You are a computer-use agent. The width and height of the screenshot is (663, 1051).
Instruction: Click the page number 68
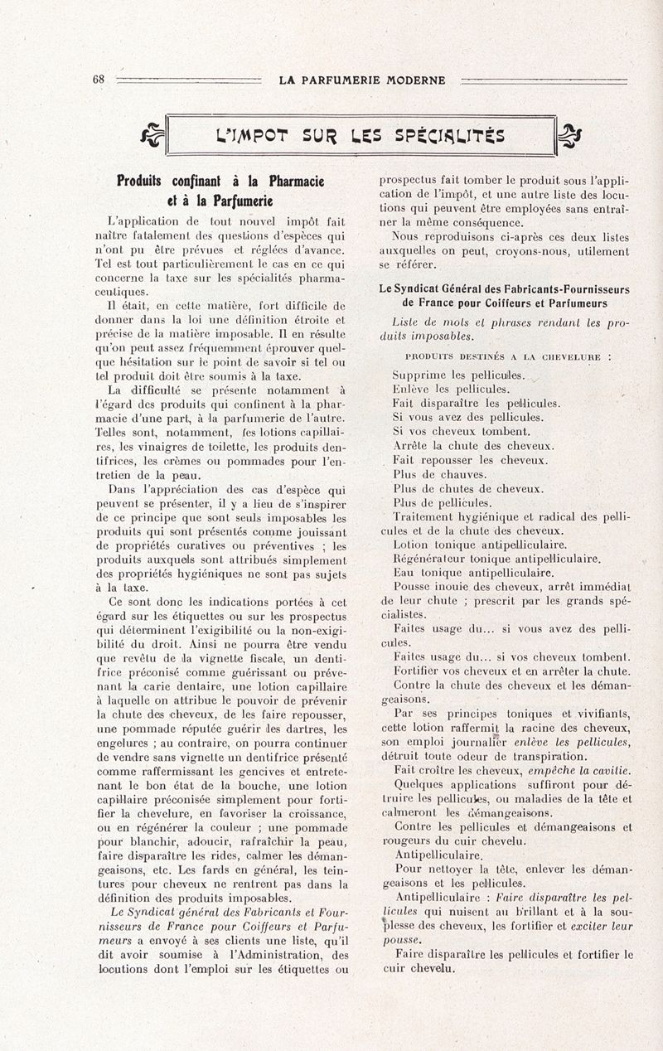(x=98, y=80)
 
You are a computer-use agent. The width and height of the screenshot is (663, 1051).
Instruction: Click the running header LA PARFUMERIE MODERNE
(x=361, y=80)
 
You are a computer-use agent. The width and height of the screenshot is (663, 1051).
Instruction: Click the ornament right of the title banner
(x=571, y=134)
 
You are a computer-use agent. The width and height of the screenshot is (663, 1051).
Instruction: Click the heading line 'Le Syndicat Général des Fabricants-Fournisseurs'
(x=504, y=289)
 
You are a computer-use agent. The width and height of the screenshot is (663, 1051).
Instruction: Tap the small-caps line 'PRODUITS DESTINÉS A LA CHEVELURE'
(x=509, y=356)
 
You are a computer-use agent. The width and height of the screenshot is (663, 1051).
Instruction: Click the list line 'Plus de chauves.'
(x=439, y=474)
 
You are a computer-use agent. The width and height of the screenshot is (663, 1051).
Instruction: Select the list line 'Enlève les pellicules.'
(x=451, y=389)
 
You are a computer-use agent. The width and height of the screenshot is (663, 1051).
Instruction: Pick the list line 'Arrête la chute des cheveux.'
(x=473, y=445)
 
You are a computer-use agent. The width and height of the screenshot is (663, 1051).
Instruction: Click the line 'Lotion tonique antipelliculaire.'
(x=480, y=545)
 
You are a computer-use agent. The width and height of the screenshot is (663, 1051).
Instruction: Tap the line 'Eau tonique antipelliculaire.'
(x=473, y=573)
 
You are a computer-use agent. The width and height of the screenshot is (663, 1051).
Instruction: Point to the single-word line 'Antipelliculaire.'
(x=438, y=855)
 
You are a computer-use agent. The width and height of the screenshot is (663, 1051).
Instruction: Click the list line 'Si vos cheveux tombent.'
(x=461, y=431)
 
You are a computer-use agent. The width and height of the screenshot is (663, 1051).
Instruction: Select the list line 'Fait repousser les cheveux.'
(x=470, y=459)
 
